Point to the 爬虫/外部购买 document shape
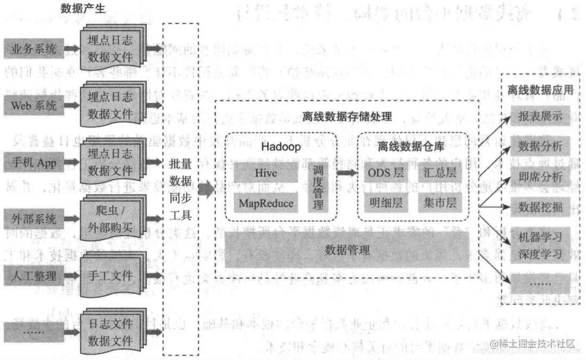(110, 219)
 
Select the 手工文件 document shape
(110, 275)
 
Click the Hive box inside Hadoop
(266, 173)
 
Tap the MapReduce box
(266, 203)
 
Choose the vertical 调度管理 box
(319, 187)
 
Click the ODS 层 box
(386, 173)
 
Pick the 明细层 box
(386, 203)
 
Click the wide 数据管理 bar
(347, 250)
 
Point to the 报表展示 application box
(540, 116)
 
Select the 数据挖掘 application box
(540, 205)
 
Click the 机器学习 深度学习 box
(540, 245)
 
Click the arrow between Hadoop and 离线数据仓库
(347, 173)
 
